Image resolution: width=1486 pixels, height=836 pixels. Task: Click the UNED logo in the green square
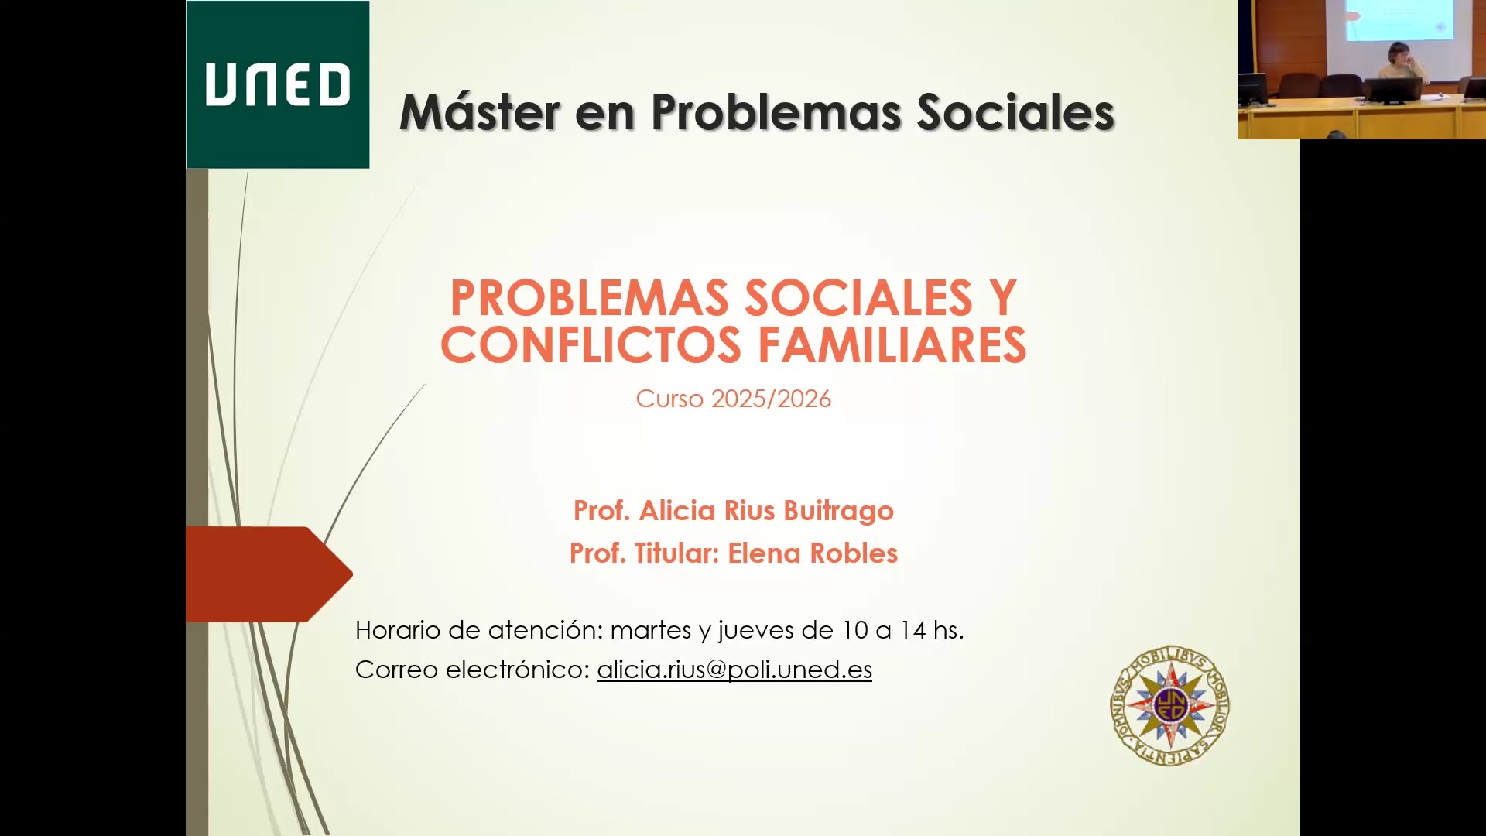tap(277, 84)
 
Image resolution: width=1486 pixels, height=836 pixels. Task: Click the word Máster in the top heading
tap(479, 112)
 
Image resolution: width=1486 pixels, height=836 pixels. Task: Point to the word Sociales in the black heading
tap(1015, 112)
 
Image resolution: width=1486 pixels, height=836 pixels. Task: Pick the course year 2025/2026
tap(771, 399)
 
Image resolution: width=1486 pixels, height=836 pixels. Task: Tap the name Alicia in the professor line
tap(676, 511)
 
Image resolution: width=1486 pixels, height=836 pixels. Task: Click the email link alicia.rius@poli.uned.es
tap(734, 670)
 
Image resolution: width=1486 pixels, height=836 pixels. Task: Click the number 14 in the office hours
tap(912, 630)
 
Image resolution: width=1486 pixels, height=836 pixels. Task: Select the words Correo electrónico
tap(472, 670)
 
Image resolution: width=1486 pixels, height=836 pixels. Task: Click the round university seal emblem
tap(1169, 705)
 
